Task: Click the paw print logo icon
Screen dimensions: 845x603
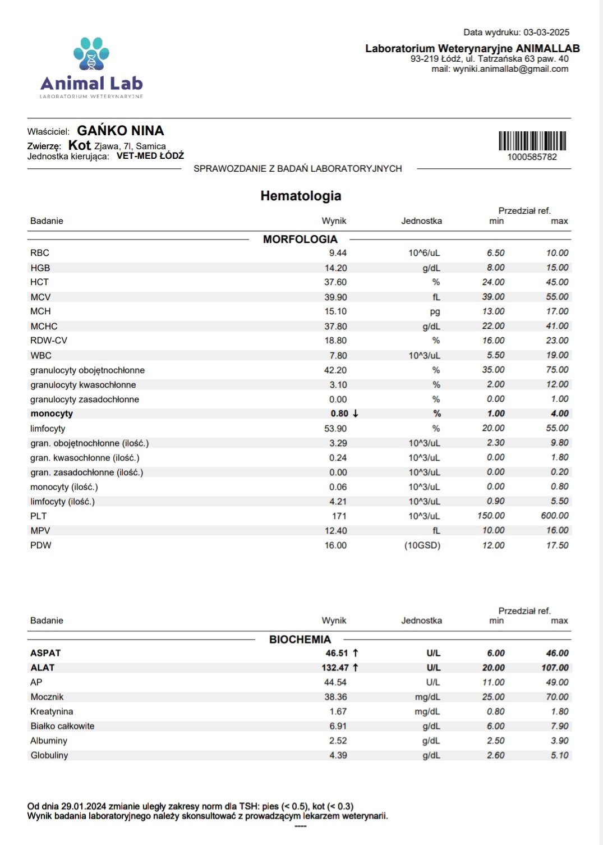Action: [x=91, y=54]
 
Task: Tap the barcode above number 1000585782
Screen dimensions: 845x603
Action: [x=532, y=140]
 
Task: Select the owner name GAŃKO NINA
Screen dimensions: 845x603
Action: [x=121, y=131]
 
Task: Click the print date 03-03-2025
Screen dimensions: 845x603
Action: [x=546, y=33]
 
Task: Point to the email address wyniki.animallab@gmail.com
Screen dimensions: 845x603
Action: [x=510, y=69]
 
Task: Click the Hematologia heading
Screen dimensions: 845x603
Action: [x=301, y=196]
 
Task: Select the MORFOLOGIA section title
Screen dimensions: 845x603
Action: [x=300, y=239]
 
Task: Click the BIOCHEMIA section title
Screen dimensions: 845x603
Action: [x=300, y=639]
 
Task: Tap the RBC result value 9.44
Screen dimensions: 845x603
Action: [x=338, y=253]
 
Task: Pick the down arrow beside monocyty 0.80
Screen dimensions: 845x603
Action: [x=356, y=414]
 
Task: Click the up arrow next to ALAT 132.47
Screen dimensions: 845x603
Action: [x=356, y=668]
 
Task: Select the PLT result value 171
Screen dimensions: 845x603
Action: [x=339, y=516]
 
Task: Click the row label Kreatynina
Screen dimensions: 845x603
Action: [x=52, y=711]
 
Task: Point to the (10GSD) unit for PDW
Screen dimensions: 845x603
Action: [x=422, y=545]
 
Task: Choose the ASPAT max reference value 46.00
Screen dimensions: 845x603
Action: [x=557, y=653]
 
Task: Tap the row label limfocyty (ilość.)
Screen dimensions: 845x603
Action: [x=62, y=502]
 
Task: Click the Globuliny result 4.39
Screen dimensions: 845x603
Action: [x=338, y=755]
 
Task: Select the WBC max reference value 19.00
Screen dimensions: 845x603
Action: [x=557, y=355]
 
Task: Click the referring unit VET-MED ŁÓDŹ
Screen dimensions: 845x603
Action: [x=150, y=156]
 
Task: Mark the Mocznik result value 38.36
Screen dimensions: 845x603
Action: [x=335, y=697]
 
